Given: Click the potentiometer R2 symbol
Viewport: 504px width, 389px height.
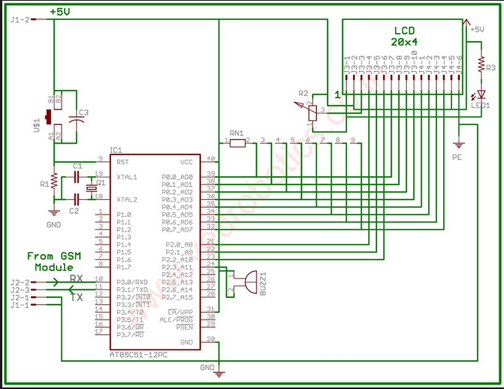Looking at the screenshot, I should [312, 112].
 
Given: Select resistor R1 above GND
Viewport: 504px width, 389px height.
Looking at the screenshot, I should [53, 182].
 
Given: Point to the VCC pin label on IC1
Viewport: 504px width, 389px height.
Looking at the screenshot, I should [186, 162].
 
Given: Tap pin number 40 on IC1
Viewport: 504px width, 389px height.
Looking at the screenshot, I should [210, 159].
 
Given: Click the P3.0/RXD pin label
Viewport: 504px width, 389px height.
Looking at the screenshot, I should [130, 282].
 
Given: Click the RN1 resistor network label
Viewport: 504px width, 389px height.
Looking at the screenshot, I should [237, 132].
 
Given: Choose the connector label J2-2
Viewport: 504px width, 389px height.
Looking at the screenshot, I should [20, 282].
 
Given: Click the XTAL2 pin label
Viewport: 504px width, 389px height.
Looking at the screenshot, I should [126, 198].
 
